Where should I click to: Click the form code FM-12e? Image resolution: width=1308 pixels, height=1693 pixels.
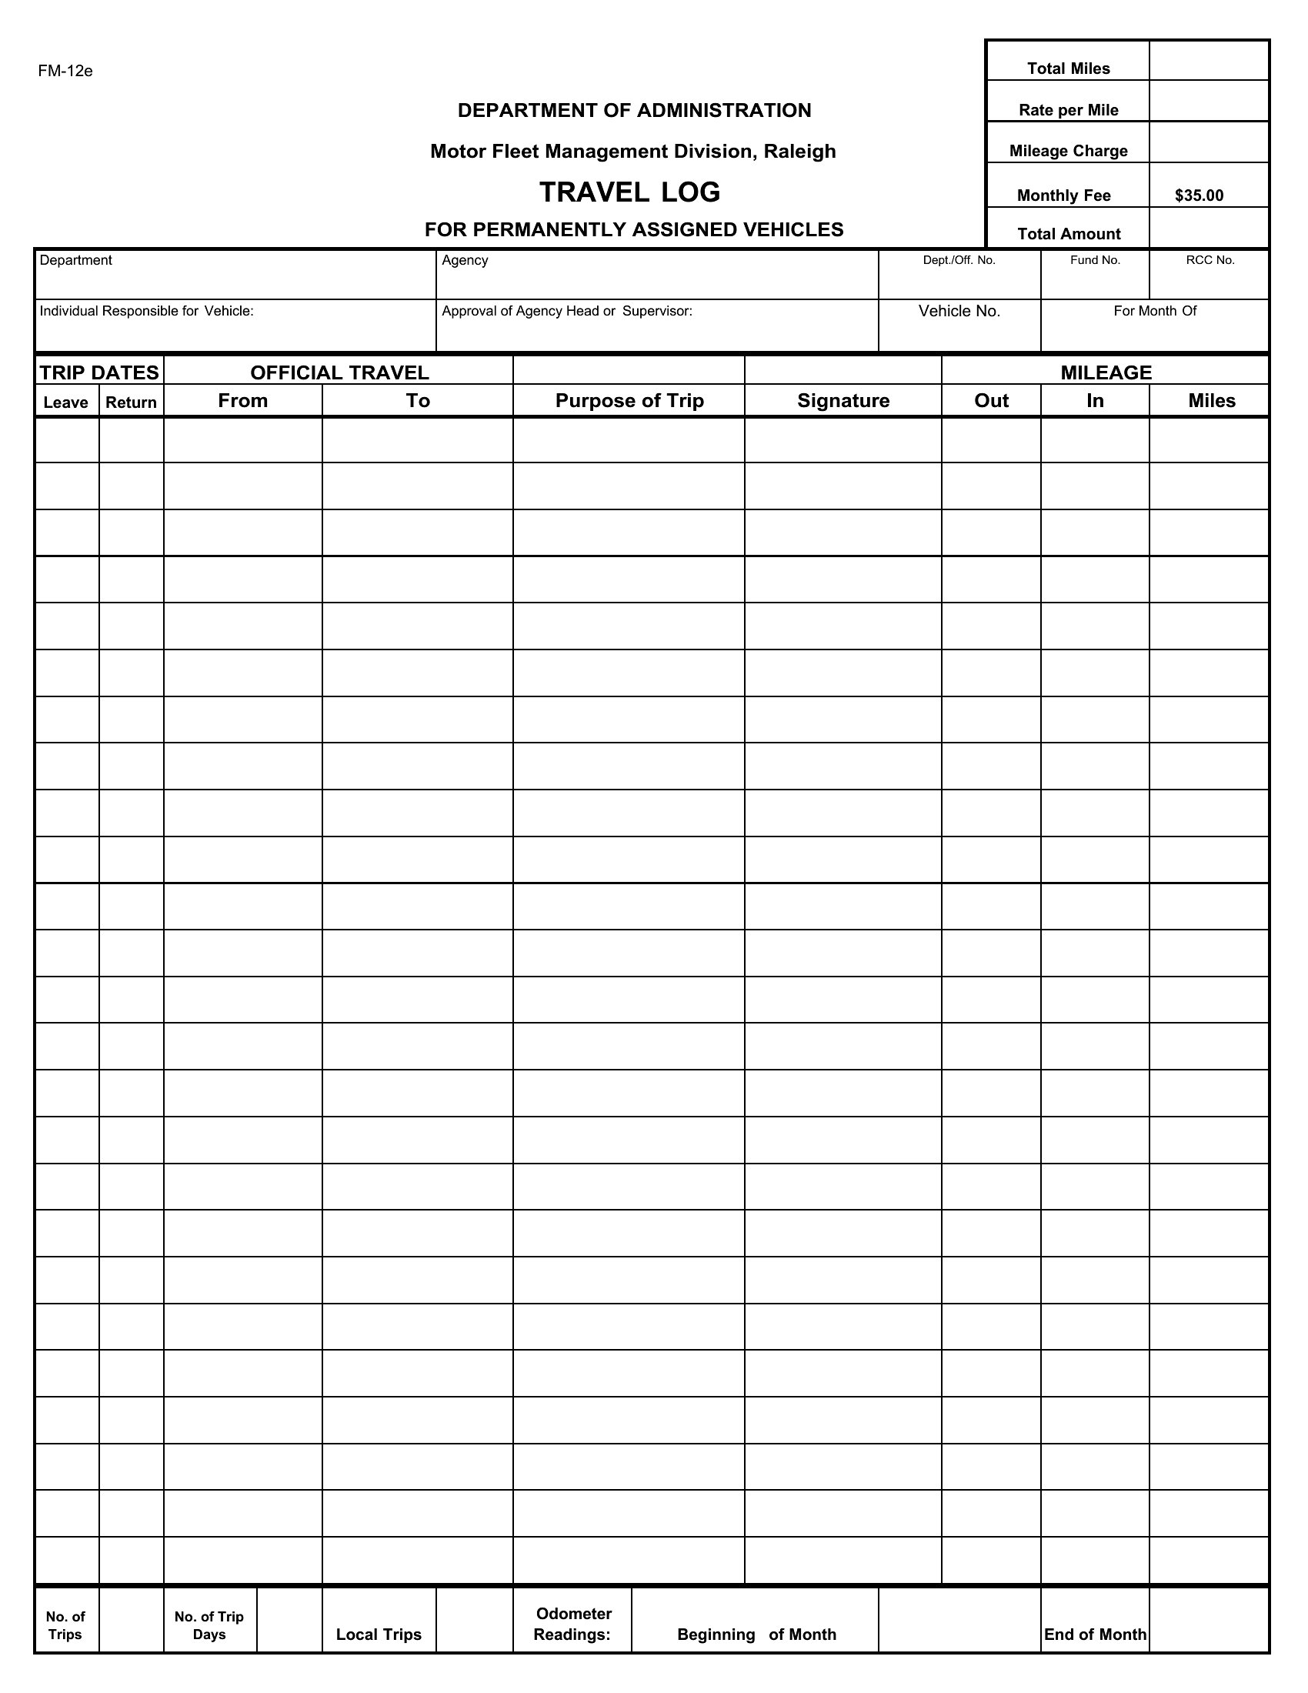pyautogui.click(x=65, y=72)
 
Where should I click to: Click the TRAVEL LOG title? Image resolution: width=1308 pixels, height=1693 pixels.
pyautogui.click(x=629, y=192)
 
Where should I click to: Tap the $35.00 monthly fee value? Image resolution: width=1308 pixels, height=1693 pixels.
pyautogui.click(x=1199, y=195)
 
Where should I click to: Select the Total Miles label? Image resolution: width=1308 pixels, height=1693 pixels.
pyautogui.click(x=1068, y=68)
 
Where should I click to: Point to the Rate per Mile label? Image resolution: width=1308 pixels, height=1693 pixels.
pyautogui.click(x=1068, y=110)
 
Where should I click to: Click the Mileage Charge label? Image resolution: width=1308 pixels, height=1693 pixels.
pyautogui.click(x=1068, y=151)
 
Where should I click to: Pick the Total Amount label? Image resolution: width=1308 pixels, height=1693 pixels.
pyautogui.click(x=1068, y=234)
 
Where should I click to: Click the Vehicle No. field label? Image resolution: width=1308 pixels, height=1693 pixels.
pyautogui.click(x=959, y=311)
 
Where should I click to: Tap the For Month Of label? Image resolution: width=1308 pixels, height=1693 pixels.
pyautogui.click(x=1155, y=311)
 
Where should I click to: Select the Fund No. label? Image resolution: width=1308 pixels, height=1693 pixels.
pyautogui.click(x=1095, y=260)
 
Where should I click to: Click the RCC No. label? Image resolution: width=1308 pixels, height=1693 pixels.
pyautogui.click(x=1210, y=260)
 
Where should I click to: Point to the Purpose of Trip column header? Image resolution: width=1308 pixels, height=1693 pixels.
pyautogui.click(x=629, y=401)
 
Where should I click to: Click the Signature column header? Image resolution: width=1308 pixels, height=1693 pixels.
pyautogui.click(x=843, y=401)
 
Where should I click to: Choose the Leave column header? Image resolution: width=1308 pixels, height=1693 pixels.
pyautogui.click(x=66, y=402)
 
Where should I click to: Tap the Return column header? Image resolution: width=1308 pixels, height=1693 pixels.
pyautogui.click(x=131, y=402)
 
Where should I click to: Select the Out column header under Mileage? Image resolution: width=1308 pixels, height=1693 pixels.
pyautogui.click(x=991, y=401)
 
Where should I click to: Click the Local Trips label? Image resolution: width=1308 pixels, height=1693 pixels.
pyautogui.click(x=379, y=1634)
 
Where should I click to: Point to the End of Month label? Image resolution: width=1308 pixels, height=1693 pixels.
pyautogui.click(x=1094, y=1634)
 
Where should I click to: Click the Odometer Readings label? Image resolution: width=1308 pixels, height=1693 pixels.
pyautogui.click(x=573, y=1624)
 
